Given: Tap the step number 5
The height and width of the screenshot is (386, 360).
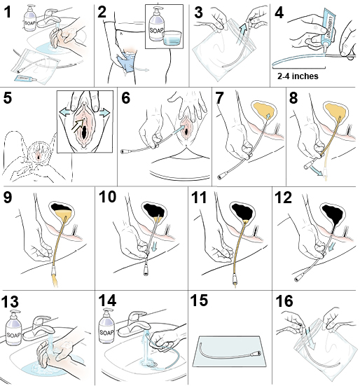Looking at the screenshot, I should point(11,97).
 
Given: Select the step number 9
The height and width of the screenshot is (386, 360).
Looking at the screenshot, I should point(11,198).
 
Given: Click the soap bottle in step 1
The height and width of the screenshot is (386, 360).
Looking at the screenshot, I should point(30,20).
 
